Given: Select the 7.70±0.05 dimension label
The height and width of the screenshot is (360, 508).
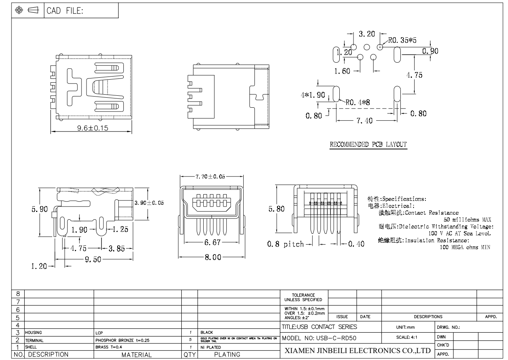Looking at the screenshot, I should point(208,177).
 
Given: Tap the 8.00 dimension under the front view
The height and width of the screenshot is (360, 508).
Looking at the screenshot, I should point(212,257).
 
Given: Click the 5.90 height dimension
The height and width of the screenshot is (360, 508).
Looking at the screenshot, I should point(40,209).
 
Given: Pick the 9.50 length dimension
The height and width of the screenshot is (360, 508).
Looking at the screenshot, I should point(93,259).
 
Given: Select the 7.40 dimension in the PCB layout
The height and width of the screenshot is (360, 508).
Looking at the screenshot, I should point(364,121).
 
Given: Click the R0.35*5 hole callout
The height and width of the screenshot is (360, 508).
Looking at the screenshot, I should point(402,40).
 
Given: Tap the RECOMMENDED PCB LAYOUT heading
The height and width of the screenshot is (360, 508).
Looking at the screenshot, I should point(368,145).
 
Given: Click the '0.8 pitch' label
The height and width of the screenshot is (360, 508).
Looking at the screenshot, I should point(286,244).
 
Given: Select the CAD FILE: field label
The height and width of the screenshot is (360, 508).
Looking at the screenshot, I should point(65,11).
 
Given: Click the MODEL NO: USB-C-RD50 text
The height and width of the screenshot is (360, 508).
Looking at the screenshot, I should point(319,338).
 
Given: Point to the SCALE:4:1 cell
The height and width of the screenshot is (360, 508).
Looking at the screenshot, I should point(407,337).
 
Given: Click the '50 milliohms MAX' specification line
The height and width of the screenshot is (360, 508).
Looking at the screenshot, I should point(467,220).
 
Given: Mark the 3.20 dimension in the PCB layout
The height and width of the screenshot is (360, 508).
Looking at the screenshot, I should point(367,34).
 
